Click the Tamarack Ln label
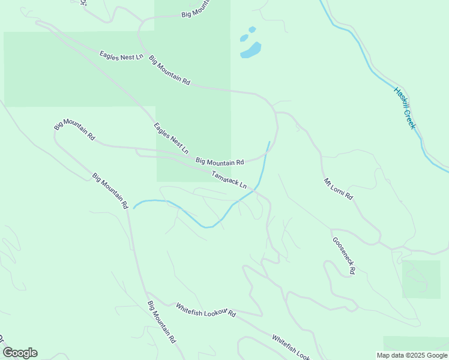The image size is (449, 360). tap(229, 180)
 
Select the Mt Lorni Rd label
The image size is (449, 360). tap(339, 188)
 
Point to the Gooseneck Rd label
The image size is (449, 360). tap(344, 256)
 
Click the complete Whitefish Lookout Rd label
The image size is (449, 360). tap(206, 310)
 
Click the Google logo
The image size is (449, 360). tap(20, 353)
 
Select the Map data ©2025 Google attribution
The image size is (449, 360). tap(412, 355)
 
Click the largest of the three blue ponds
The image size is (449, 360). tap(251, 50)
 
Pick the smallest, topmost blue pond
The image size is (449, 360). tap(252, 29)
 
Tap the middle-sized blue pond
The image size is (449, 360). tap(244, 38)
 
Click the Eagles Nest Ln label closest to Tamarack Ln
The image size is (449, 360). tap(171, 137)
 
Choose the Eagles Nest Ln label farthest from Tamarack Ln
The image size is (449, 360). tap(122, 56)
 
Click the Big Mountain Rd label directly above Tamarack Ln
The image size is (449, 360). tap(220, 161)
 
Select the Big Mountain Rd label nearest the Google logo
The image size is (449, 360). tap(161, 322)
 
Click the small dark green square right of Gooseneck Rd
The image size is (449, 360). tap(421, 279)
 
